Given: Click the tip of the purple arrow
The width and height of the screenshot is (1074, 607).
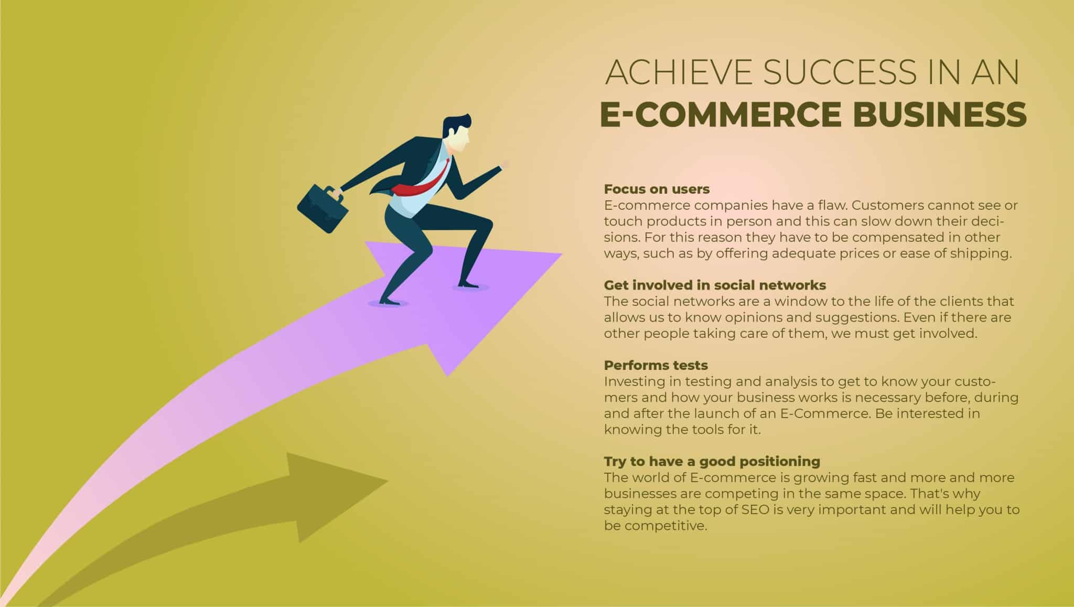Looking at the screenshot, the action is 562,254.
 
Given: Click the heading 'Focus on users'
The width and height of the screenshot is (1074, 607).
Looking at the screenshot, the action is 657,189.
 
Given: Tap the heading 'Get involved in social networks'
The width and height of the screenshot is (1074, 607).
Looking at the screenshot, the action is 715,285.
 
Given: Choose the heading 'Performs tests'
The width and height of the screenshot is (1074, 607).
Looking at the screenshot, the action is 656,365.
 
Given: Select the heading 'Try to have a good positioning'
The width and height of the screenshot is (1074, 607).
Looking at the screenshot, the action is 712,462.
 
